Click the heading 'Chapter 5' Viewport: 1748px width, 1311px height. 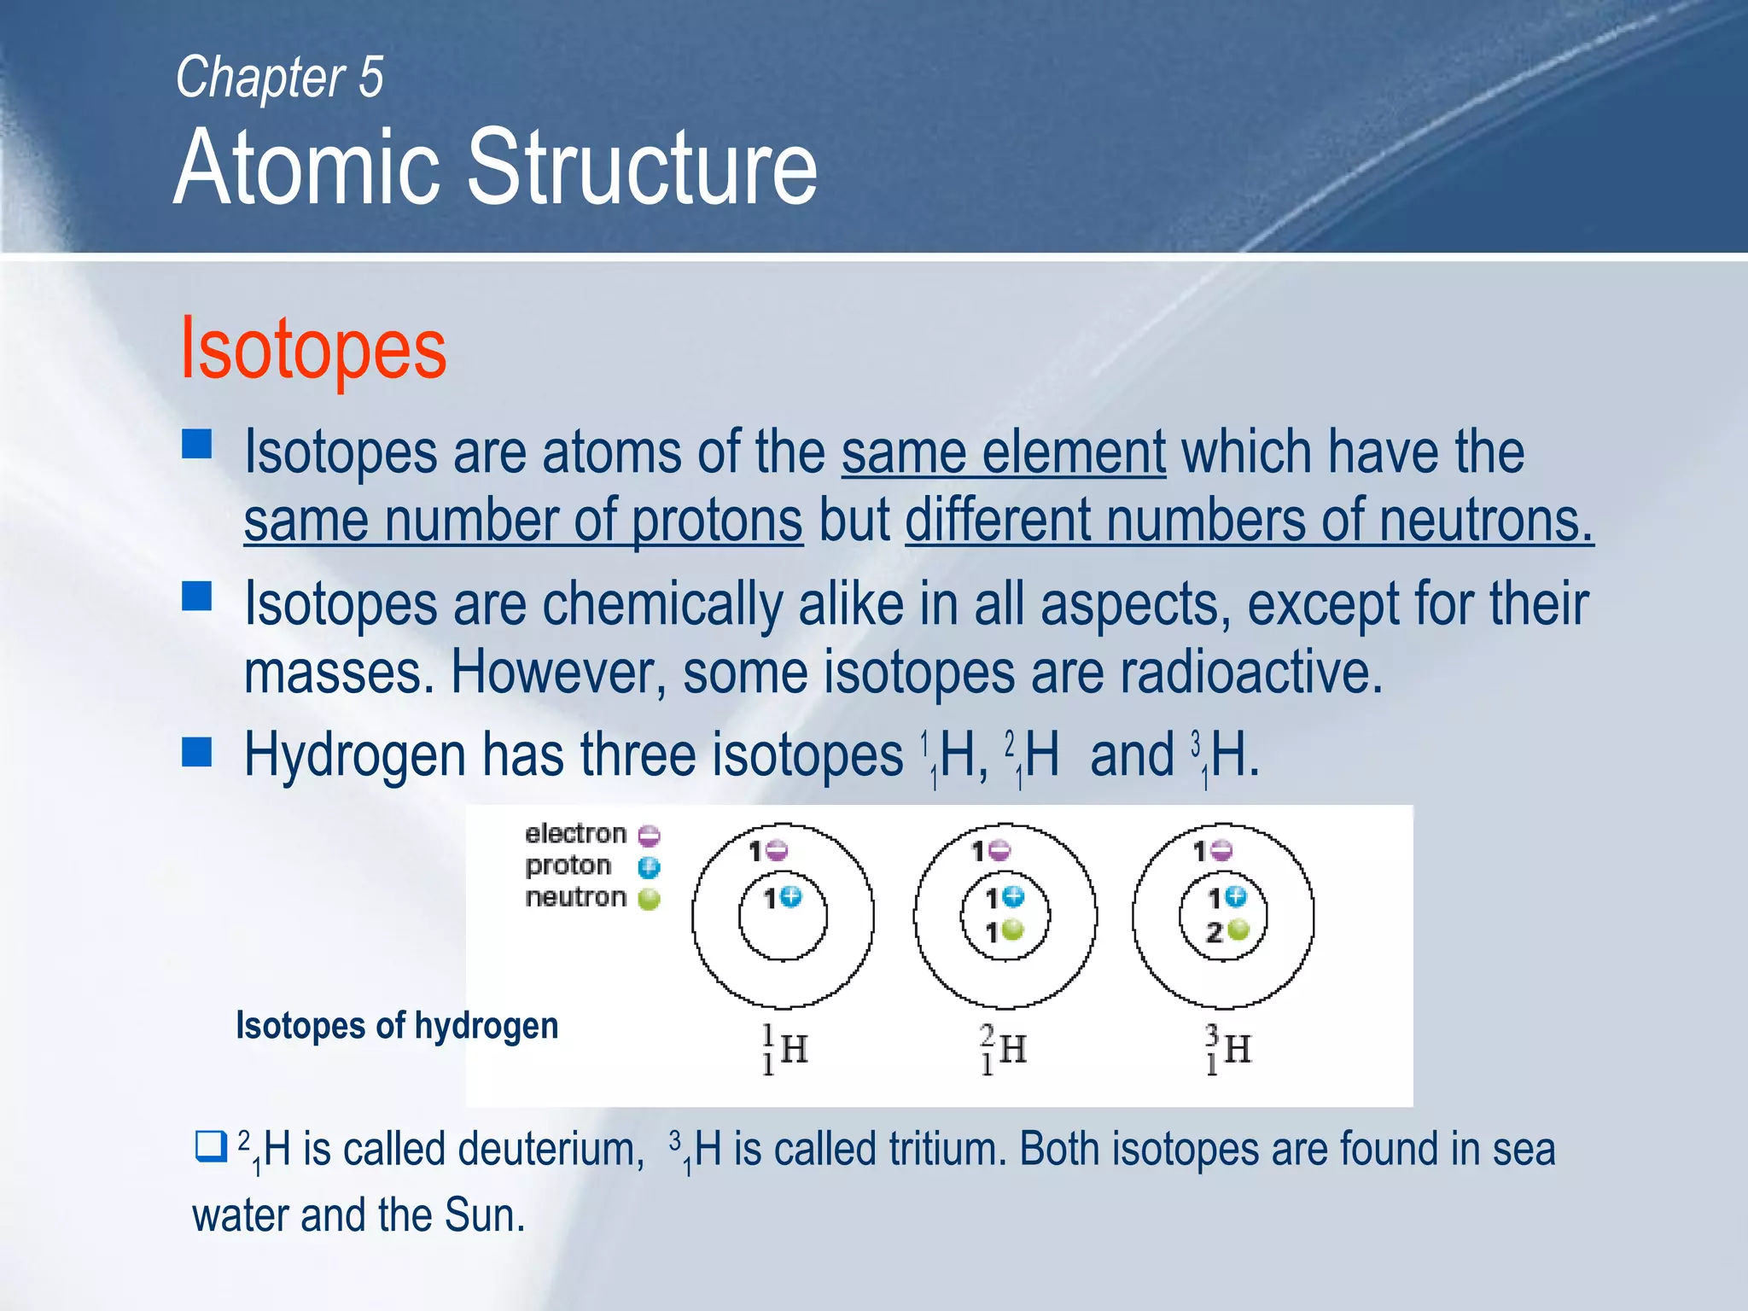(279, 78)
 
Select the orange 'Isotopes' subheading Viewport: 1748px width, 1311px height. (312, 348)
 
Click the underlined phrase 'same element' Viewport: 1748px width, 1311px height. (1004, 452)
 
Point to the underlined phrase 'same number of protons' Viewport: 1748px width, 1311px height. (523, 521)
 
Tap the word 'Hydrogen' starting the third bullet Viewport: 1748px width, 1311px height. (355, 755)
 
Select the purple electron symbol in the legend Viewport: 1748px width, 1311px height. (650, 835)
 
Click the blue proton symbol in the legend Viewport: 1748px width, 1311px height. (650, 868)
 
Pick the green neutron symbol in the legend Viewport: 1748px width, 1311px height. (650, 900)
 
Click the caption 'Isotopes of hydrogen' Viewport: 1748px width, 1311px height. (397, 1026)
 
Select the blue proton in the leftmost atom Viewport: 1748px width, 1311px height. (791, 896)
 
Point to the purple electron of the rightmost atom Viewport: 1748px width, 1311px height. (1222, 850)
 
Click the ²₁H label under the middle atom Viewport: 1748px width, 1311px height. (1004, 1050)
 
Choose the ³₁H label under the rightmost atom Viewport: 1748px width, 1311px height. (1227, 1050)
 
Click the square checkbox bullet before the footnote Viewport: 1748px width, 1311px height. (210, 1146)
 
